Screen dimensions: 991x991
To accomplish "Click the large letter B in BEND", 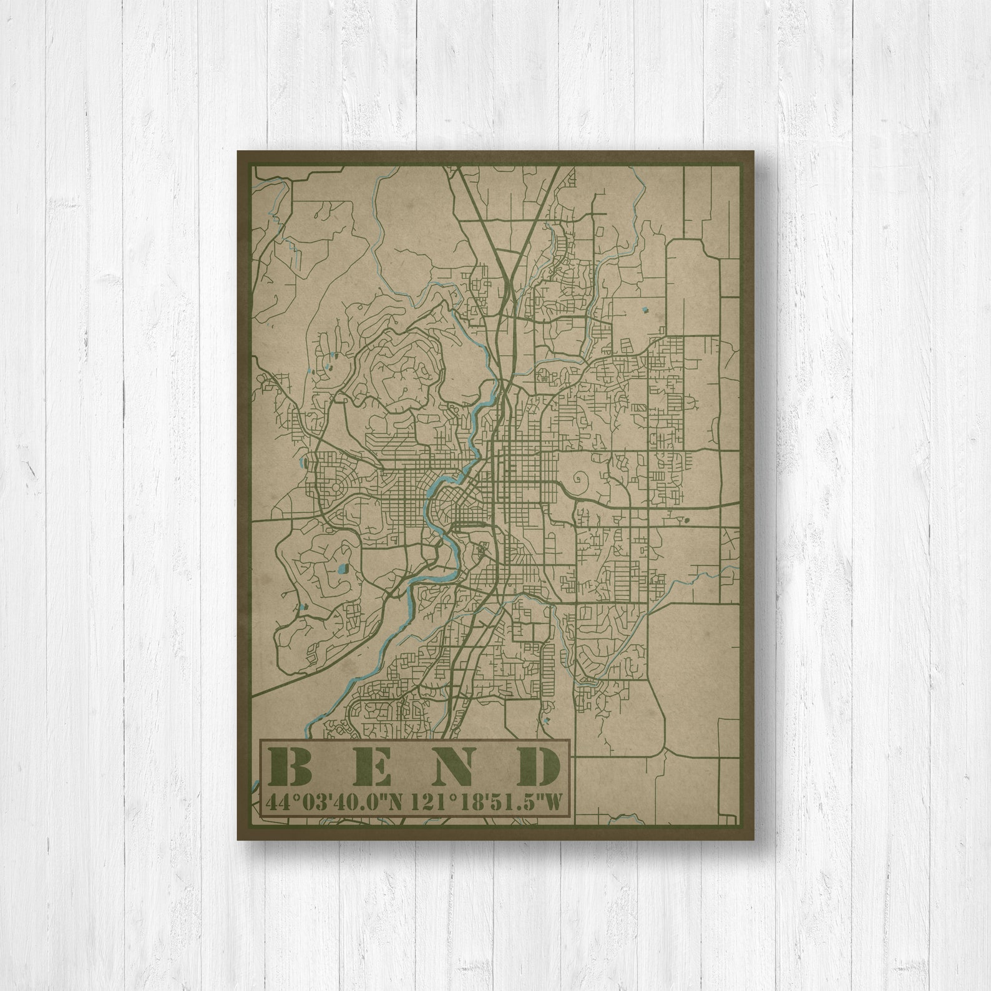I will pyautogui.click(x=291, y=767).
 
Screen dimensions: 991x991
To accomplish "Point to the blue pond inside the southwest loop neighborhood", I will pyautogui.click(x=342, y=569).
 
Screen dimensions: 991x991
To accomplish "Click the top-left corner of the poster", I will pyautogui.click(x=238, y=150).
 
